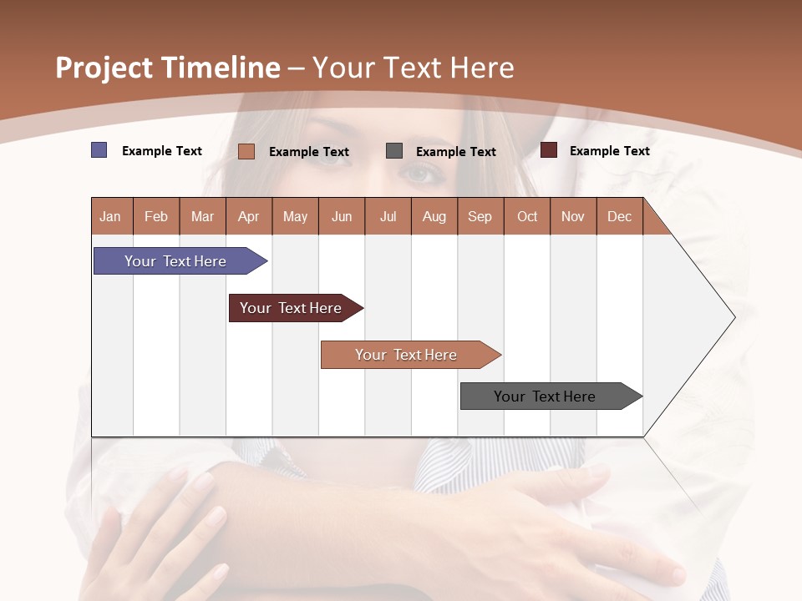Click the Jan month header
click(x=111, y=216)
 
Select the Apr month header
click(x=249, y=216)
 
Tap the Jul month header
click(x=388, y=216)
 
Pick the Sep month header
click(x=480, y=216)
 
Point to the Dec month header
click(x=619, y=216)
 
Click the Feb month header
click(x=156, y=216)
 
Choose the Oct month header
click(x=527, y=216)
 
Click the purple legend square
click(x=99, y=150)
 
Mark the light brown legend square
click(x=246, y=151)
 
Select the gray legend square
click(x=394, y=151)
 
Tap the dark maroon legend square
click(x=549, y=150)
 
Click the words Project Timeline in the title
click(x=168, y=68)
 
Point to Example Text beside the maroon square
click(x=609, y=151)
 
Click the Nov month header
click(x=573, y=216)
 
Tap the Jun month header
click(x=342, y=216)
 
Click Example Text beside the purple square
click(x=162, y=151)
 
